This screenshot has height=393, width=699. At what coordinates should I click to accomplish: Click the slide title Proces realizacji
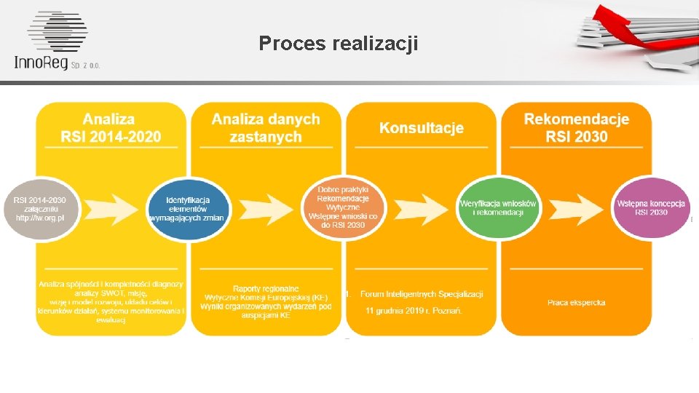(339, 44)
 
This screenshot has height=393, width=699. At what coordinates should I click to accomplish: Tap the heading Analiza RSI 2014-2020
(111, 127)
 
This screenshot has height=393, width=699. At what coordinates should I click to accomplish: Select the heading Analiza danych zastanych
(266, 127)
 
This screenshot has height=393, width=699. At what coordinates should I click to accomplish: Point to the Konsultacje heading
(421, 128)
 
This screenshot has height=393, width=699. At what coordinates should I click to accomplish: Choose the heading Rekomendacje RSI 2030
(576, 127)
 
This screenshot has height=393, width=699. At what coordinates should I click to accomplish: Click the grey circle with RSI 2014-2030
(41, 207)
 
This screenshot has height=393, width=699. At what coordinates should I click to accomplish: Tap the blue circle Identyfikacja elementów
(188, 209)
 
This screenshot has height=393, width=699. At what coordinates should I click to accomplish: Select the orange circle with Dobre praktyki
(343, 206)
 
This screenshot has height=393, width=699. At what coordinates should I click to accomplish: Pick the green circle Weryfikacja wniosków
(498, 207)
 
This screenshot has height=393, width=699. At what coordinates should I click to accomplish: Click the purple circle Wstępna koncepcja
(651, 207)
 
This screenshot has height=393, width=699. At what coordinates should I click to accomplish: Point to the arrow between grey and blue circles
(113, 208)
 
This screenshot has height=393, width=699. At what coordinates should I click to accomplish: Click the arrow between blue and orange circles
(268, 208)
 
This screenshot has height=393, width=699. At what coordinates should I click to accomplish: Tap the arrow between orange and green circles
(422, 208)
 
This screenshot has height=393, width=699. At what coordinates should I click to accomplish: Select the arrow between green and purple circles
(576, 208)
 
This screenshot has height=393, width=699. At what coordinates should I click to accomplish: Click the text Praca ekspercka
(576, 302)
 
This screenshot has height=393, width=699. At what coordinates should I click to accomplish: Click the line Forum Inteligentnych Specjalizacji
(422, 294)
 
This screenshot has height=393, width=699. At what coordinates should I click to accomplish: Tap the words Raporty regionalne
(266, 289)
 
